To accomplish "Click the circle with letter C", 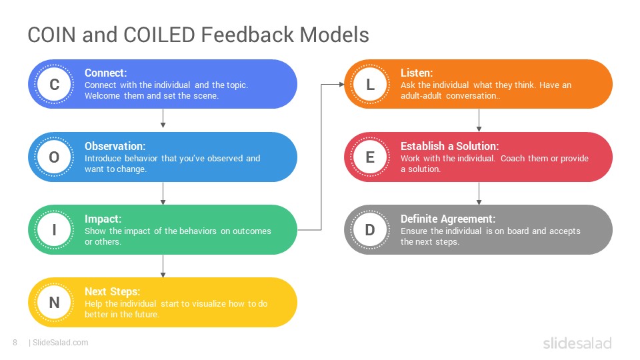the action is pos(54,84).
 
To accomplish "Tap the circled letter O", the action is pos(54,157).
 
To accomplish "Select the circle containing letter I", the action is pos(54,230).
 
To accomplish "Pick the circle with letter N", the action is pos(54,303).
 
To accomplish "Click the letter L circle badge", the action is pos(370,84).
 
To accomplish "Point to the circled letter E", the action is pos(370,157).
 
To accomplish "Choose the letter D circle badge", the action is pos(370,230).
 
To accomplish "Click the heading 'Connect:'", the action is pos(106,73).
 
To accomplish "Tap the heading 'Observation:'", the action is pos(115,146).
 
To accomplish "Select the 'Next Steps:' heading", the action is pos(112,291).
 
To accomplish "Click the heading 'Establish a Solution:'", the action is pos(449,146).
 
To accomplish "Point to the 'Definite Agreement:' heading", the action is pos(448,219).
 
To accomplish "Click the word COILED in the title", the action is pos(159,35).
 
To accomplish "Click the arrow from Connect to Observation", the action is pos(163,119).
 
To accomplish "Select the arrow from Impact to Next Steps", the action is pos(163,266).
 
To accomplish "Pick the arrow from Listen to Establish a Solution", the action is pos(479,120).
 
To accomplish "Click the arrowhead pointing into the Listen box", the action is pos(342,85).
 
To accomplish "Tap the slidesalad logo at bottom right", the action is pos(577,343).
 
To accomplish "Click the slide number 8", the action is pos(15,343).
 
